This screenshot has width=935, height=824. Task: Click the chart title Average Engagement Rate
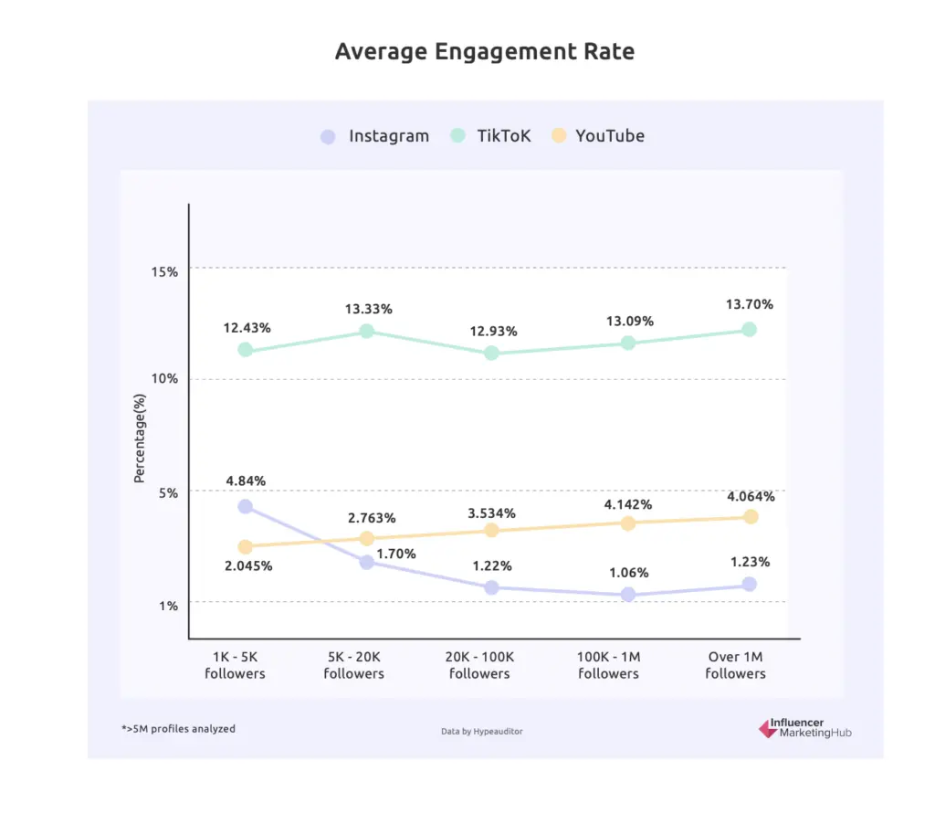tap(484, 51)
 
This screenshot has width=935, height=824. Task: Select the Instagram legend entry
tap(374, 136)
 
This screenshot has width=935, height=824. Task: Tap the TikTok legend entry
tap(490, 136)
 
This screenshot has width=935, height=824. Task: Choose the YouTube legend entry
tap(598, 136)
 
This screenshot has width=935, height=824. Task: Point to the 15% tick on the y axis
tap(165, 271)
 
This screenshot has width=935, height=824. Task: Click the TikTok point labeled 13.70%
tap(749, 329)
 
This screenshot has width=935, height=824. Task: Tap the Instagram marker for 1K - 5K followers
tap(245, 506)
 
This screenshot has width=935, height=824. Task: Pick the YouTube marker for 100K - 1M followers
tap(628, 523)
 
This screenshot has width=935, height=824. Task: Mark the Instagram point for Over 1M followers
tap(749, 584)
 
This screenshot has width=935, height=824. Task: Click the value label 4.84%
tap(247, 481)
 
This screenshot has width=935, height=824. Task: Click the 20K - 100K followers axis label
tap(479, 665)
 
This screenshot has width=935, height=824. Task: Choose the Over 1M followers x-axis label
tap(735, 665)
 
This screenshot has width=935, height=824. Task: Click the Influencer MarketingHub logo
tap(805, 728)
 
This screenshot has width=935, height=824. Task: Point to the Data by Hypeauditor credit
tap(481, 731)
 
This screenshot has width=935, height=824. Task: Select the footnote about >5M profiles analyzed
tap(178, 728)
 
